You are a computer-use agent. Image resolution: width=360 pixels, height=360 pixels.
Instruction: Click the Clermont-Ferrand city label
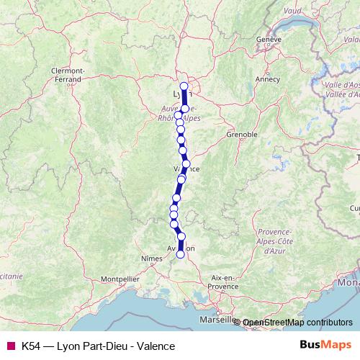click(68, 74)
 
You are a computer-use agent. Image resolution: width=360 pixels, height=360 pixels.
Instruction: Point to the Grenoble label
click(242, 135)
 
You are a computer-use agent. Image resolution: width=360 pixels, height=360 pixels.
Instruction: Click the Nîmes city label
click(152, 257)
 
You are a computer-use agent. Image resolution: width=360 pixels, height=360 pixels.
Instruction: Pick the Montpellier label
click(120, 278)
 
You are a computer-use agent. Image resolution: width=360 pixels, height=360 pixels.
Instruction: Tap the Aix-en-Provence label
click(224, 282)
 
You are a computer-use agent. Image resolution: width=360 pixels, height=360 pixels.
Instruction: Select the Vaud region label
click(292, 11)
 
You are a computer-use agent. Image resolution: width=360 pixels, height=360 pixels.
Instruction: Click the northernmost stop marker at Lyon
click(184, 86)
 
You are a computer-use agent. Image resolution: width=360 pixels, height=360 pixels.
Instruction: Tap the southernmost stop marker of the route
click(180, 253)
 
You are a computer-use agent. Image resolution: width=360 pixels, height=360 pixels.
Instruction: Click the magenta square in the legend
click(10, 346)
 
